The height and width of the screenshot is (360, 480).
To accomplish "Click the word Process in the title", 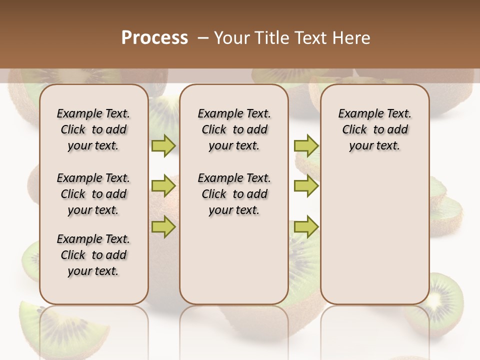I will tap(154, 38).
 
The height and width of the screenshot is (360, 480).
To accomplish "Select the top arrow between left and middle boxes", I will tap(163, 145).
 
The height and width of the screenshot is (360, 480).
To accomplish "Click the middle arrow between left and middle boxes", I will tap(163, 186).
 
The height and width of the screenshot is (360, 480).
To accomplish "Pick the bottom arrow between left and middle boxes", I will tap(163, 227).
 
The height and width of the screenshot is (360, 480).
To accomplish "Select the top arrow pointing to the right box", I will tap(306, 145).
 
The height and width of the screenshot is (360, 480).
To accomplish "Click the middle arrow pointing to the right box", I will tap(306, 186).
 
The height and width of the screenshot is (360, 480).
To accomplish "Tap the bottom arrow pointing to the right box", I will tap(306, 227).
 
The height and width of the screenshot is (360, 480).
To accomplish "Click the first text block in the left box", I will tap(93, 129).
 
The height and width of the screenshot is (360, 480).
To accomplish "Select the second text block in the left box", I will tap(93, 194).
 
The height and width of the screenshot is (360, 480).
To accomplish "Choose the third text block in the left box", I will tap(93, 255).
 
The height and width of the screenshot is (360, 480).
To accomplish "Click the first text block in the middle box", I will tap(234, 129).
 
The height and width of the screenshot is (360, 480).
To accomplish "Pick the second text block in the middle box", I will tap(234, 194).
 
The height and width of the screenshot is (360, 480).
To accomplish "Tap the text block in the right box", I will tap(374, 129).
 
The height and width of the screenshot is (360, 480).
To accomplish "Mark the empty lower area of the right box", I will tap(374, 240).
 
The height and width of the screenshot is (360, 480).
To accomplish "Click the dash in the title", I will tap(203, 38).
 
